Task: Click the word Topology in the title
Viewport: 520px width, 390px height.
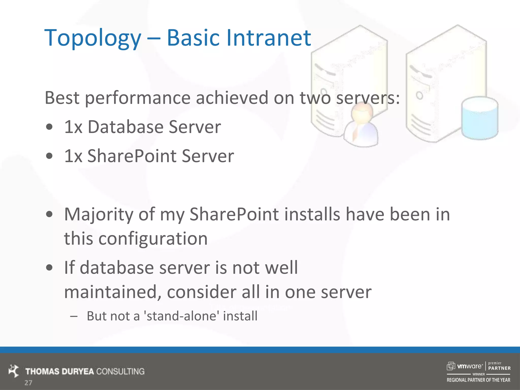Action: tap(93, 38)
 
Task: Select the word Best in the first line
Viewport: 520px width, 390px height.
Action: tap(62, 98)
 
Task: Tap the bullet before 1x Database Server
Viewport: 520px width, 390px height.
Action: tap(50, 127)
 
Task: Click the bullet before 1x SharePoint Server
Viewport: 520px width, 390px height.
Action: tap(50, 156)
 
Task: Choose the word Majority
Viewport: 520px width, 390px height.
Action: tap(99, 215)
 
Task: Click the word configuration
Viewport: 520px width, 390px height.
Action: tap(153, 239)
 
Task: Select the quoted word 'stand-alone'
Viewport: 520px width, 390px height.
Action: tap(182, 316)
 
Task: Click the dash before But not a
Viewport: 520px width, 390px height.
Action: tap(74, 316)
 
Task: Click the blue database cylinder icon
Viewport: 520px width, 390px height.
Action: tap(479, 118)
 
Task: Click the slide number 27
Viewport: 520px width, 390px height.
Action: tap(28, 383)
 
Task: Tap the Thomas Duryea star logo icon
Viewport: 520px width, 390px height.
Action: tap(14, 371)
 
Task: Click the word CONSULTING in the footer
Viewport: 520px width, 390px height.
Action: tap(120, 371)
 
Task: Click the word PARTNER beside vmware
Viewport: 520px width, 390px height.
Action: tap(499, 368)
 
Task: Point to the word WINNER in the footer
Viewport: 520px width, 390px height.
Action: tap(478, 374)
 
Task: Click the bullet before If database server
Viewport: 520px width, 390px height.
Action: tap(50, 268)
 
